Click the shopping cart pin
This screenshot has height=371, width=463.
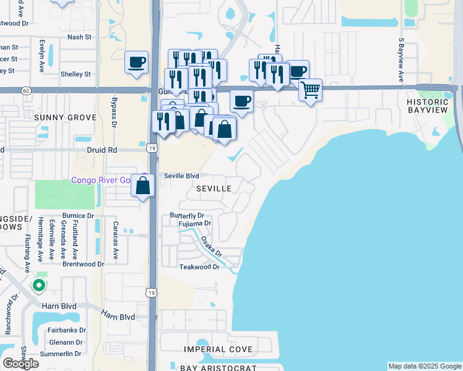coord(310,90)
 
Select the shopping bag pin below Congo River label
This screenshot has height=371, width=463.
coord(143,185)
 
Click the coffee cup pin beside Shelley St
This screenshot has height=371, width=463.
coord(136,62)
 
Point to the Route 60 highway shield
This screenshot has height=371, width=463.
coord(25,90)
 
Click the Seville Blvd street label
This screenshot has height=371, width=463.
coord(181,176)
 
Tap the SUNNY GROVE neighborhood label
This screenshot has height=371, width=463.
coord(66,117)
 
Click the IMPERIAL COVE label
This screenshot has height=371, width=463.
coord(219,349)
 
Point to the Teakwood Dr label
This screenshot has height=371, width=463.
coord(199,267)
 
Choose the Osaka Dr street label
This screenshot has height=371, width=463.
coord(210,248)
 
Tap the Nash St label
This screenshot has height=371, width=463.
coord(79,37)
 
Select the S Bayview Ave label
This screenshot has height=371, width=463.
coord(401,61)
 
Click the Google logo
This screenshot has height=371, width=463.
coord(20,364)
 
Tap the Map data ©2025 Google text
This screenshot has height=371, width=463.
coord(424,366)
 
